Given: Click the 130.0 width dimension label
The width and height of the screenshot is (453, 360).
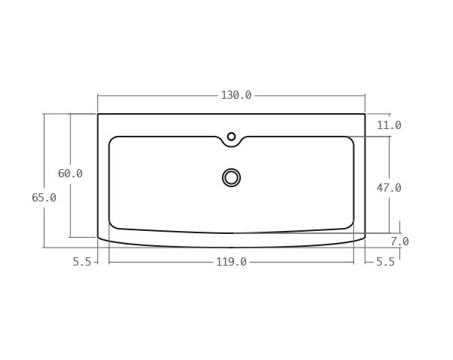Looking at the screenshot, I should (236, 95).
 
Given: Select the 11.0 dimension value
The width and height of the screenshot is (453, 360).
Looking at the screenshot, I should (389, 125).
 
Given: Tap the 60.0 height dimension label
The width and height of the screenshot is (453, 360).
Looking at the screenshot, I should (70, 174).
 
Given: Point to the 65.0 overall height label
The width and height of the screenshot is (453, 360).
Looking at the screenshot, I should (44, 198).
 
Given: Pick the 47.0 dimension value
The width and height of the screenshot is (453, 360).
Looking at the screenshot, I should (389, 188).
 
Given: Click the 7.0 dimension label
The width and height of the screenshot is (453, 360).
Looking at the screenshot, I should (399, 242).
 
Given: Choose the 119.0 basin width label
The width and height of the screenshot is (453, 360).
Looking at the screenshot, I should (231, 262).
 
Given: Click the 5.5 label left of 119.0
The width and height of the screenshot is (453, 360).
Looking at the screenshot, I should (82, 262).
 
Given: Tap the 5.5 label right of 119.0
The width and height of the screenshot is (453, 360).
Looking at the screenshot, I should (384, 262).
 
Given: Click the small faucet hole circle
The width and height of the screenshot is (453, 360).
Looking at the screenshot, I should (231, 137).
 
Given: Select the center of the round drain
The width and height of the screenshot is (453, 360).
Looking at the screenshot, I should (231, 177).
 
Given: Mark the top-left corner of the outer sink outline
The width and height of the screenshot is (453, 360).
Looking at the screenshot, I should (98, 114).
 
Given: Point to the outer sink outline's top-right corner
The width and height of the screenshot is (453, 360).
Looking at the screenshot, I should (365, 114).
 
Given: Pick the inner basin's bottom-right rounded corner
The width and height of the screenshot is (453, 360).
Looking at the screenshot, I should (350, 225).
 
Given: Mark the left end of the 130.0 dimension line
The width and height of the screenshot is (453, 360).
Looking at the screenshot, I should (98, 95).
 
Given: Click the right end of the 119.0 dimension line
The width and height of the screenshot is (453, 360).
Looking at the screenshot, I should (353, 262).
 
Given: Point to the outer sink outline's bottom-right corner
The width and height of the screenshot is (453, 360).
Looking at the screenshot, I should (365, 237).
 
